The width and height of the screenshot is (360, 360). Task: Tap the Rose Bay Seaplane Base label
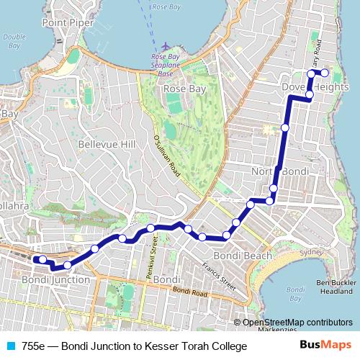[166, 65]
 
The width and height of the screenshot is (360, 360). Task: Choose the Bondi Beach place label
[243, 256]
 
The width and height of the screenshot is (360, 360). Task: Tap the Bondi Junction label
[56, 279]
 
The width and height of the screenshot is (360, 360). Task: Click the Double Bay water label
[14, 41]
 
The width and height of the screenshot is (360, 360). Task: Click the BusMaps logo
[331, 346]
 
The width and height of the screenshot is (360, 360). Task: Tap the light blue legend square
[9, 346]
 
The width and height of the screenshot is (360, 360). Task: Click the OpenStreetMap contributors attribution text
[297, 322]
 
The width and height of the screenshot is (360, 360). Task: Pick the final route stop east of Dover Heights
[325, 73]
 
